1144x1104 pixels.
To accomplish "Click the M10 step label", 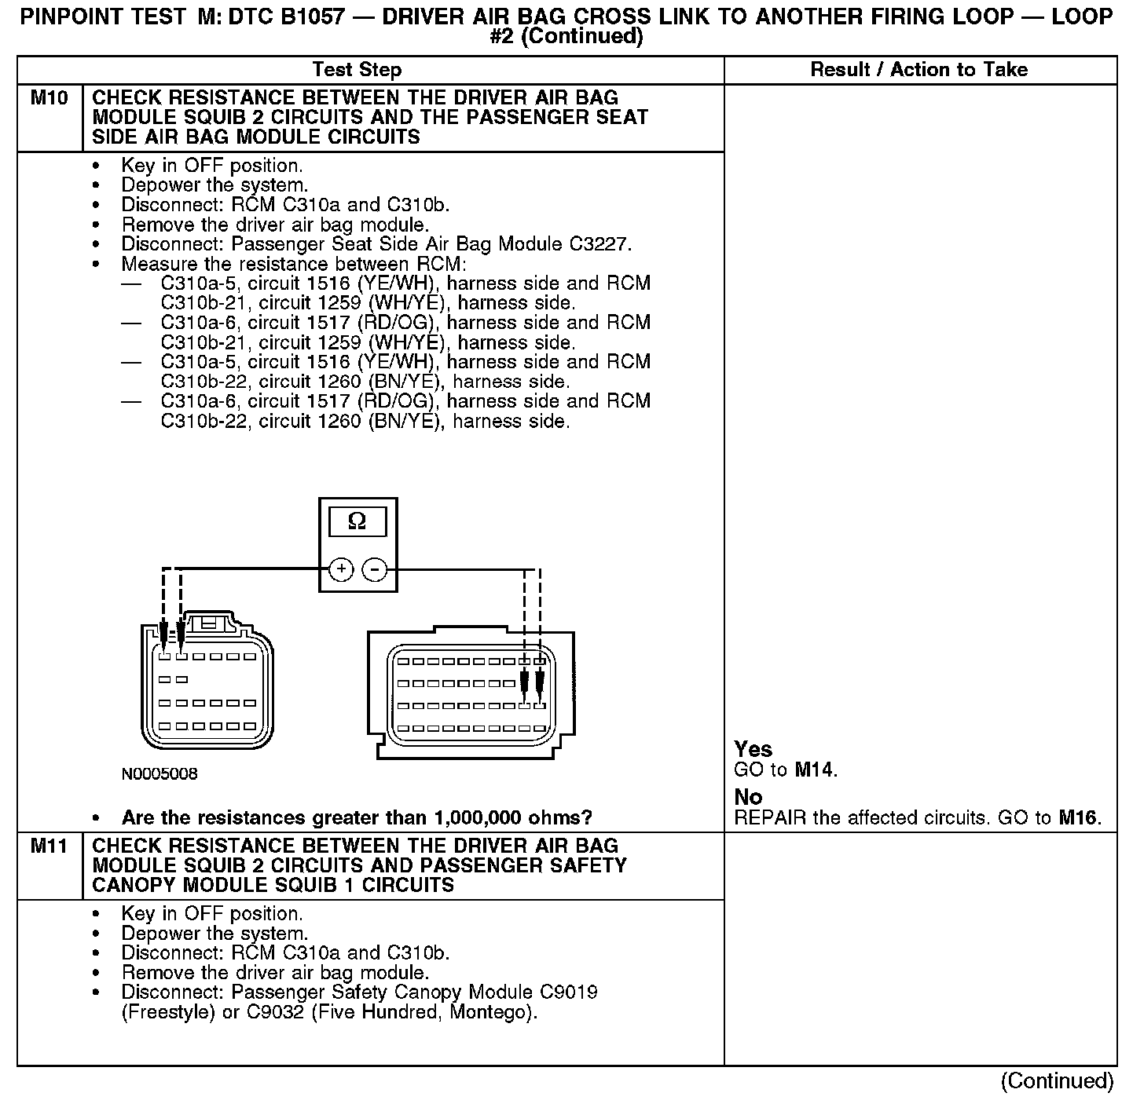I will (x=49, y=98).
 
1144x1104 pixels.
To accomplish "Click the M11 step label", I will (x=49, y=846).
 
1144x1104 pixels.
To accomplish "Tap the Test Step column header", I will (x=357, y=70).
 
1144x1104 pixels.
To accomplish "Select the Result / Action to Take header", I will (x=918, y=70).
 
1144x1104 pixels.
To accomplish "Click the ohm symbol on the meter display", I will (x=357, y=521).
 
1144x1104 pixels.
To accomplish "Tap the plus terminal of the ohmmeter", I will (x=341, y=568).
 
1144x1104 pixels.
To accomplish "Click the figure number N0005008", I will (x=159, y=774).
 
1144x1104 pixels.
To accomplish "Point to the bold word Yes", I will (x=753, y=749).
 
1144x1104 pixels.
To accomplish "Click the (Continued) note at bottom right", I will (x=1057, y=1081).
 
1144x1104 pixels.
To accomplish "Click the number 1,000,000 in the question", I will (x=482, y=818).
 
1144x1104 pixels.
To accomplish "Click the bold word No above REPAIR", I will (x=748, y=798).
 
